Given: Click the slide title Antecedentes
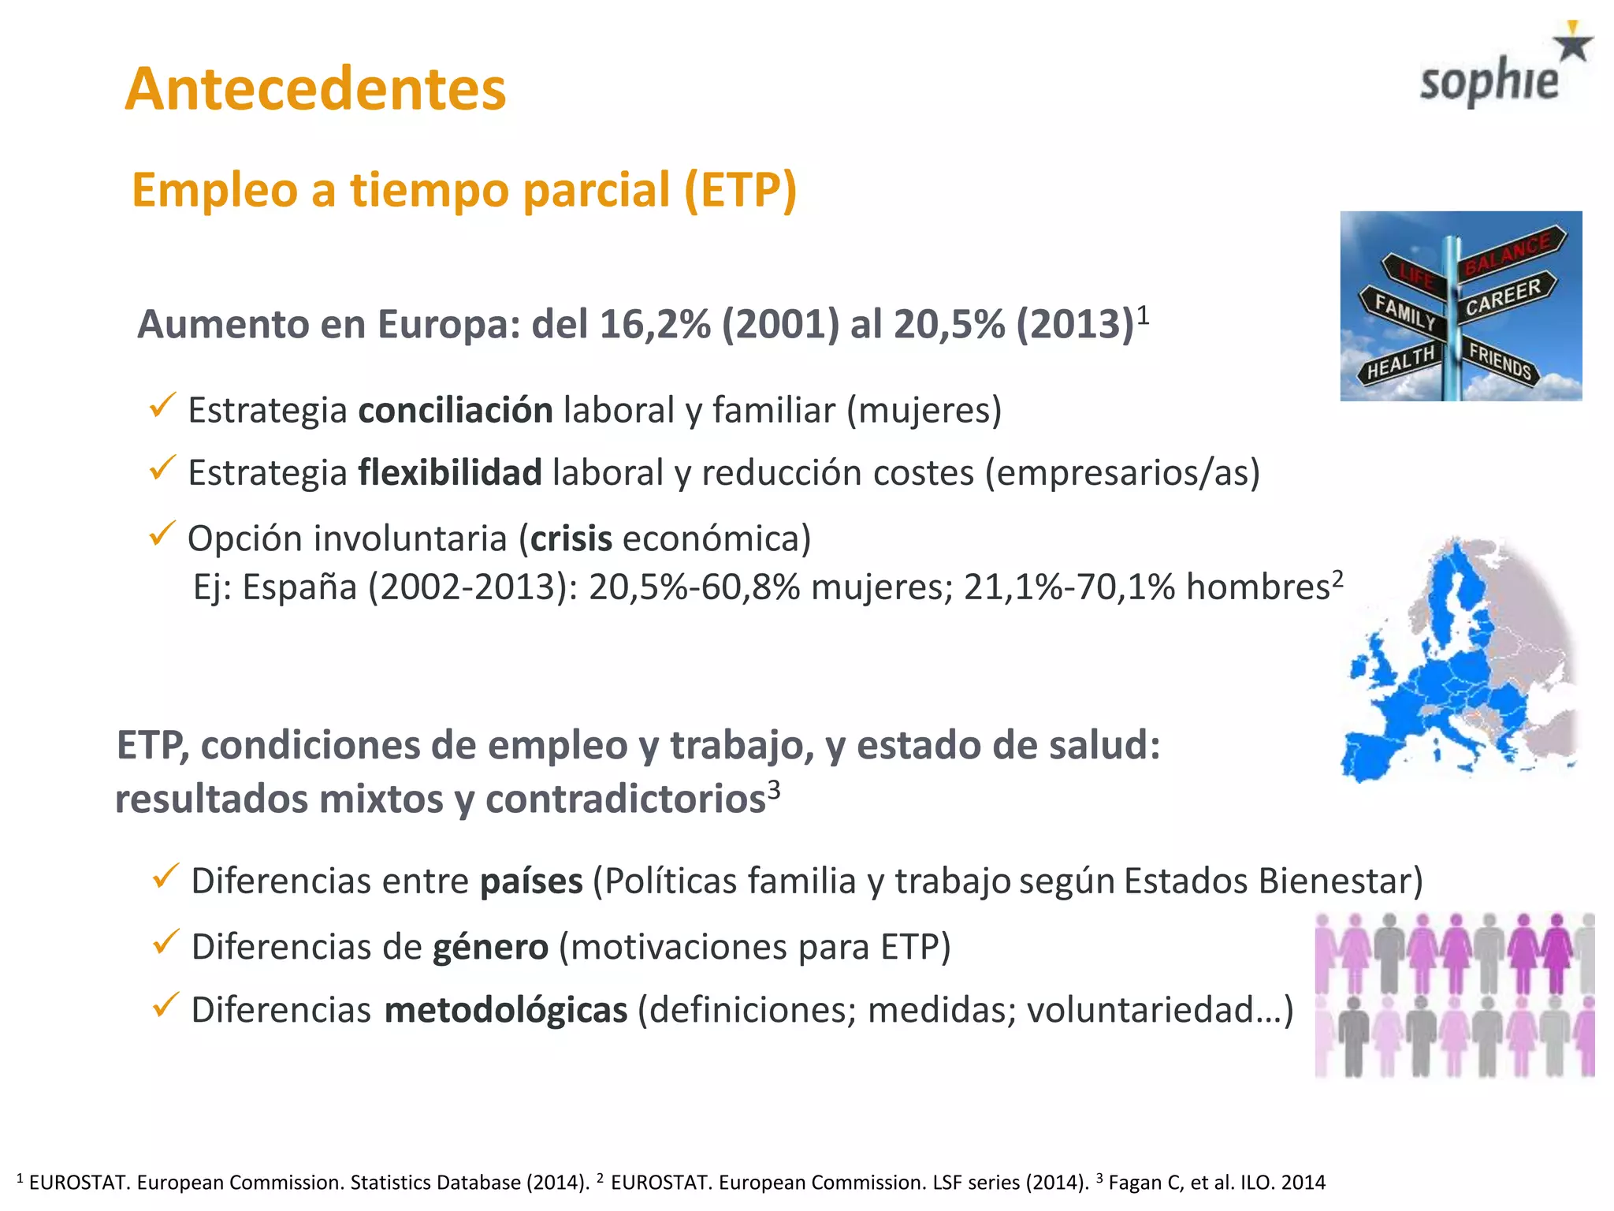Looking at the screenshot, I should (315, 88).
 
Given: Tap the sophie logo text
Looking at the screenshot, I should (1489, 82).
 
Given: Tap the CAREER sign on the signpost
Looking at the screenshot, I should (1504, 298).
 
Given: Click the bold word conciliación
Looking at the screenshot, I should (456, 411).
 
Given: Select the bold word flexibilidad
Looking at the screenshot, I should (449, 473).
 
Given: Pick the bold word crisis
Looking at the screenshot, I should (571, 539).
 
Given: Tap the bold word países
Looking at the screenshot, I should (531, 881).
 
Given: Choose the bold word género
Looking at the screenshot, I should (490, 947).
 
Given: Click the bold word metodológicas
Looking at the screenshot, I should (506, 1010).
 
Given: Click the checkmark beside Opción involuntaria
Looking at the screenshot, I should (162, 535).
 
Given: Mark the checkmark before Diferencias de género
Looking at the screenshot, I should (165, 941).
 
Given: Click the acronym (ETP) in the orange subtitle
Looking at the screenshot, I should (740, 190).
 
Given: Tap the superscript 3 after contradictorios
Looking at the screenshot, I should (774, 789).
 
